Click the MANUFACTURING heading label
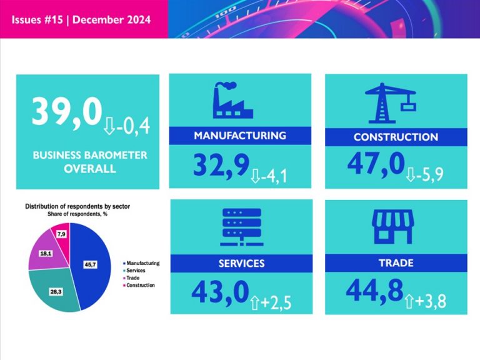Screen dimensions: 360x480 pos(240,135)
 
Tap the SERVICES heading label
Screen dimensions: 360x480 pos(241,264)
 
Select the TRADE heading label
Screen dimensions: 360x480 pos(396,263)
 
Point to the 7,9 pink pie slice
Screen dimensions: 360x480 pos(61,234)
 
